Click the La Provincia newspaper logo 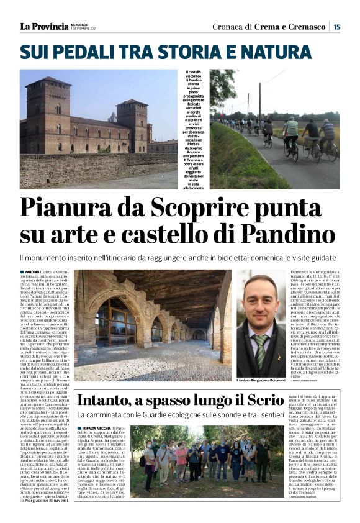coord(44,26)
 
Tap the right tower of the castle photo coord(133,124)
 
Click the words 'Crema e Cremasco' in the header coord(291,26)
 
